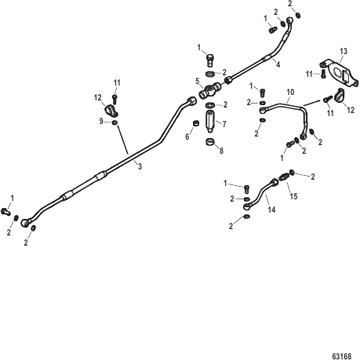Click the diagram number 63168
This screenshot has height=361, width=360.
coord(342,356)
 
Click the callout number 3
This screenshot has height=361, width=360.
coord(140,166)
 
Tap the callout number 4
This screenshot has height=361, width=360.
coord(278,64)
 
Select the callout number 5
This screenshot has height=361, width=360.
coord(198,81)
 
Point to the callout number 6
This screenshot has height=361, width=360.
coord(187,137)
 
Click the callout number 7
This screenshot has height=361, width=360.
coord(224,124)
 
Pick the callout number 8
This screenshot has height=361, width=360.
coord(221,151)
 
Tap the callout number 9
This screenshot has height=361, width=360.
coord(101,122)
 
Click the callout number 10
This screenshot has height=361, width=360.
coord(290,92)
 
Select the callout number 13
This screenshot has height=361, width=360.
coord(344,51)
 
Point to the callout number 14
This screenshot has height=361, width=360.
coord(271,210)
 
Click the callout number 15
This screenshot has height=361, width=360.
coord(293,196)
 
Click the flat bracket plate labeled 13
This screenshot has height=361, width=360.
coord(339,73)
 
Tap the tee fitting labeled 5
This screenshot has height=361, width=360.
coord(209,90)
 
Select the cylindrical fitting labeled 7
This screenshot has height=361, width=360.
coord(209,121)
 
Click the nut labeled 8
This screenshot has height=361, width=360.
coord(209,142)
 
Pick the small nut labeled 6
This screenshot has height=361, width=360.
coord(196,123)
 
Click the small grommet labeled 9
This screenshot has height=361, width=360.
coord(115,122)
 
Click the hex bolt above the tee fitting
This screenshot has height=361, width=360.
coord(210,60)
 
